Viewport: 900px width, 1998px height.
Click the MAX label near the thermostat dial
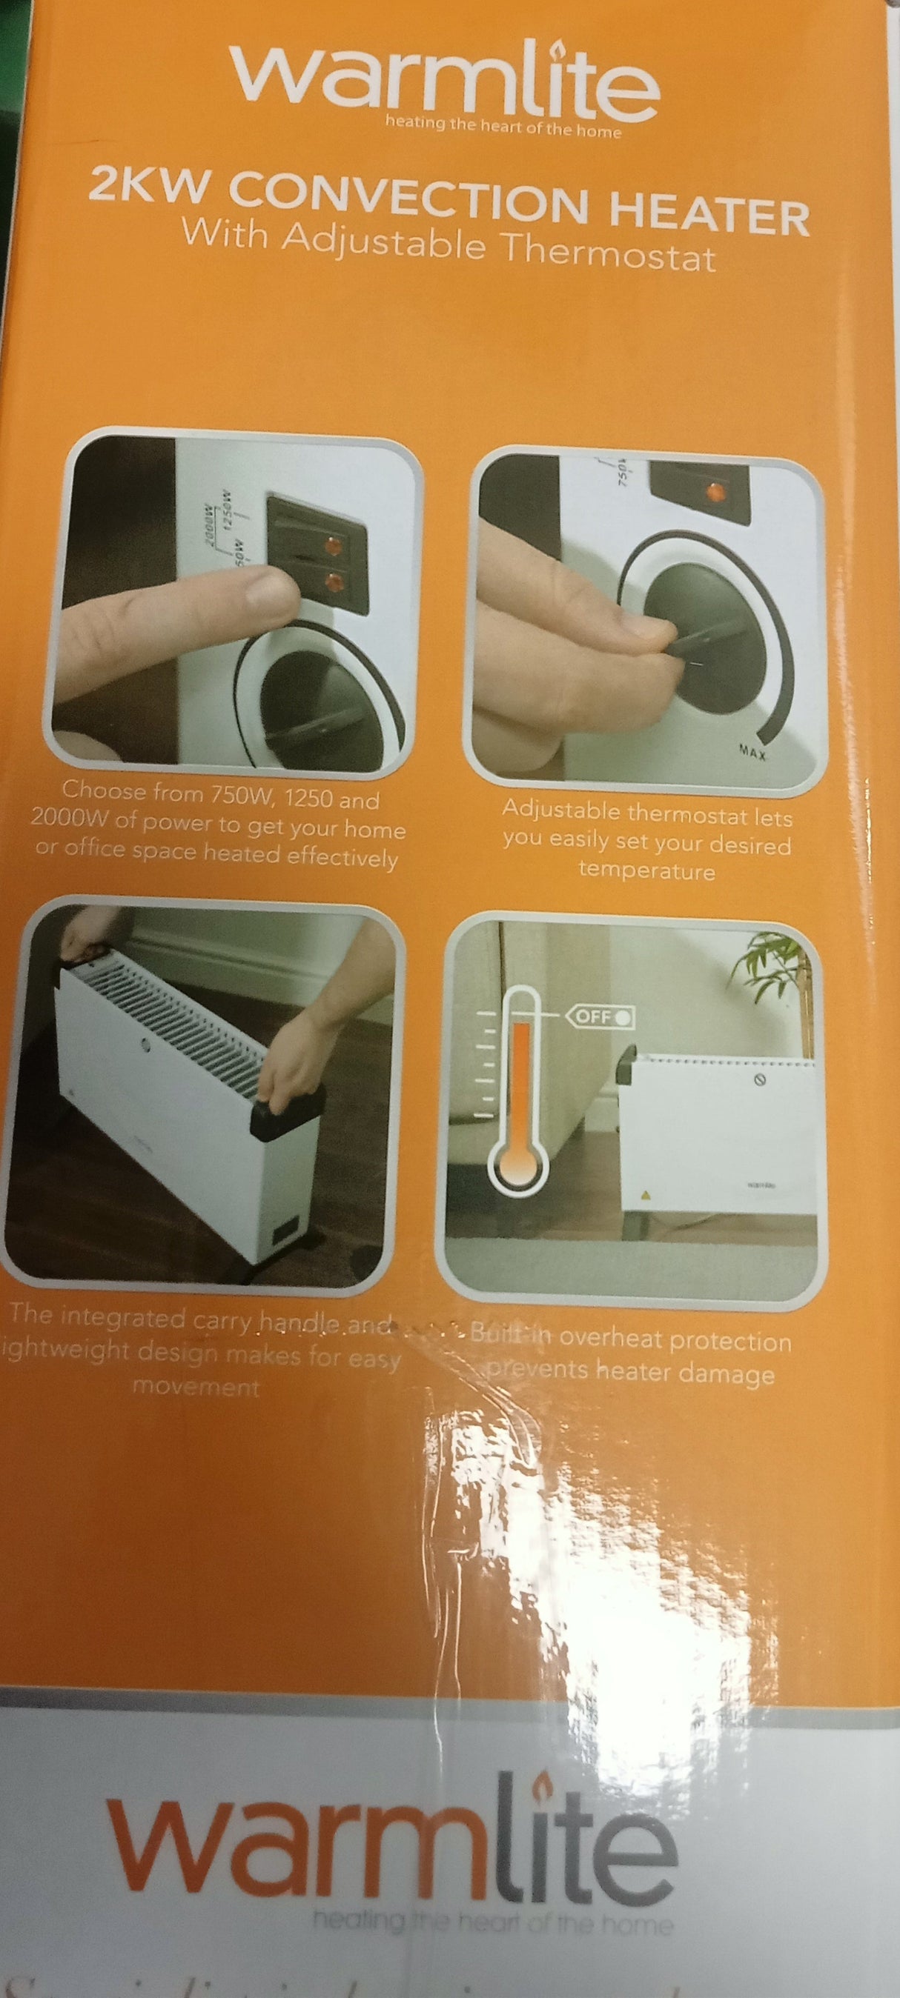pos(752,752)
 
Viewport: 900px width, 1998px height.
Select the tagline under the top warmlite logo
pos(503,127)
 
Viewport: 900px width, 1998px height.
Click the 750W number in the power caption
pos(239,794)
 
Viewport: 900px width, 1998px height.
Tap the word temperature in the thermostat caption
pos(646,870)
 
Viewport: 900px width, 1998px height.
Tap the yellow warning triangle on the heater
pos(643,1195)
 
